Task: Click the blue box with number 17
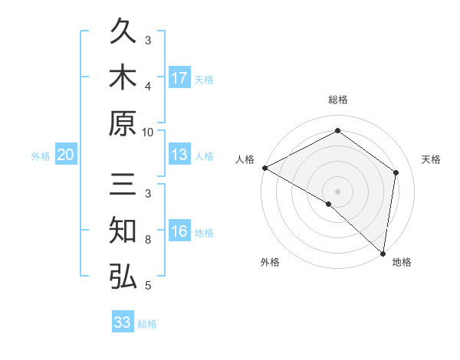coord(179,78)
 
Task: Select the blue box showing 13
coord(179,155)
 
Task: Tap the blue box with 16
coord(179,232)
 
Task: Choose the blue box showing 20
coord(65,155)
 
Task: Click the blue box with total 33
coord(123,322)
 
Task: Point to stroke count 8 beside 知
coord(149,240)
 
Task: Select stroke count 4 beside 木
coord(149,86)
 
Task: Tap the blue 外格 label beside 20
coord(41,156)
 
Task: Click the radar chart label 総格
coord(337,100)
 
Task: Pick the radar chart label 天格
coord(431,159)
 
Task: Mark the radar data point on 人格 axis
coord(264,168)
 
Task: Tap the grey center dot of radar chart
coord(337,191)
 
